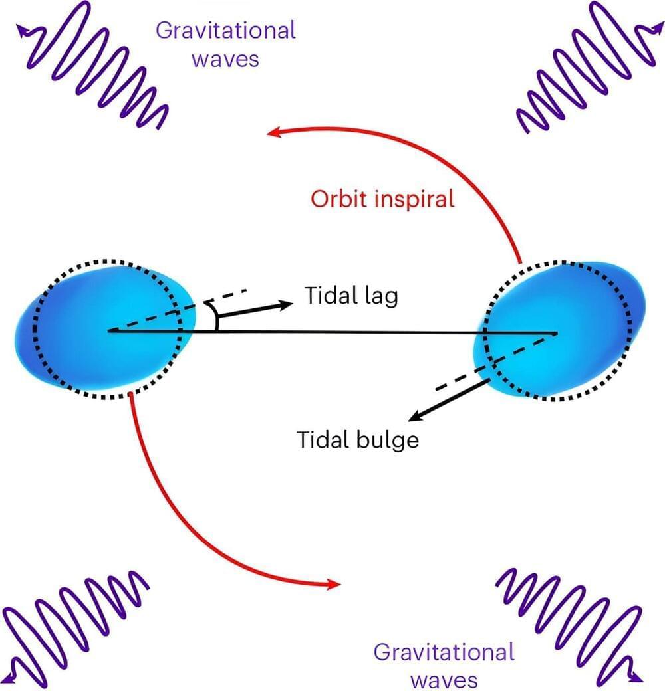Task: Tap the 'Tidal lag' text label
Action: pyautogui.click(x=351, y=296)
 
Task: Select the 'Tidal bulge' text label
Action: pyautogui.click(x=358, y=440)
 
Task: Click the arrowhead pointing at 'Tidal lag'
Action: pyautogui.click(x=287, y=304)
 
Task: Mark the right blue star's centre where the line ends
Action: pyautogui.click(x=557, y=332)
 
